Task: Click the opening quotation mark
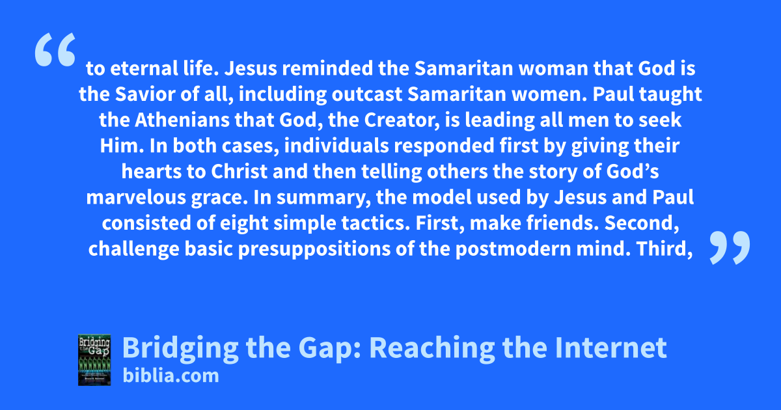[55, 49]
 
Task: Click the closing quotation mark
[730, 247]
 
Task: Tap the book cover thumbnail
[94, 360]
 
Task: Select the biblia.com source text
[171, 376]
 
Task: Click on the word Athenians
[182, 120]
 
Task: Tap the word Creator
[402, 120]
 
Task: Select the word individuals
[336, 145]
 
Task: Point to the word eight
[244, 223]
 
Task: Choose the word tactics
[376, 223]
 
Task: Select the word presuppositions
[314, 249]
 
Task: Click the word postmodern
[514, 249]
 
